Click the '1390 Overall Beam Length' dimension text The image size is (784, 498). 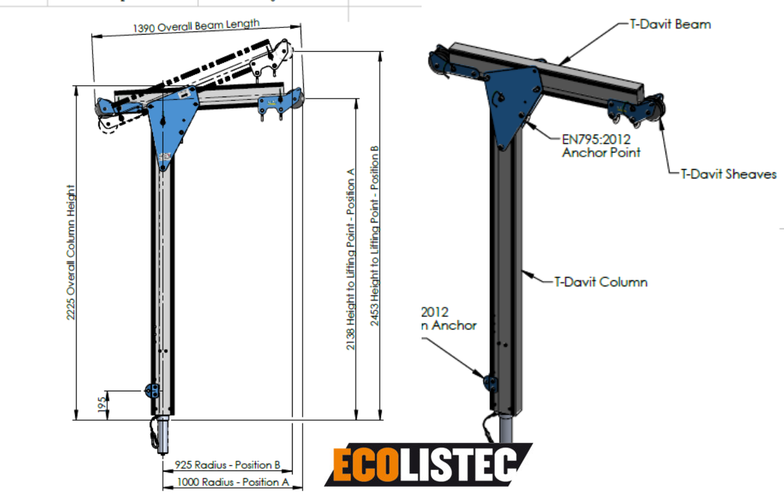[196, 26]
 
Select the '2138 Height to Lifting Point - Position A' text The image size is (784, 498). [351, 259]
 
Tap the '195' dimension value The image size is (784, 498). [102, 404]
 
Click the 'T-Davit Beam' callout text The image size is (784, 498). [670, 25]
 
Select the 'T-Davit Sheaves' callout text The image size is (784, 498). [728, 174]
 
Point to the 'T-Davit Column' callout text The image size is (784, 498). [600, 282]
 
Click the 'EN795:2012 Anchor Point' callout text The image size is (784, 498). [600, 145]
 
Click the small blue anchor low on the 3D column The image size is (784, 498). [491, 381]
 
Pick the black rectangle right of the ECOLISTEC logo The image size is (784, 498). [658, 481]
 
